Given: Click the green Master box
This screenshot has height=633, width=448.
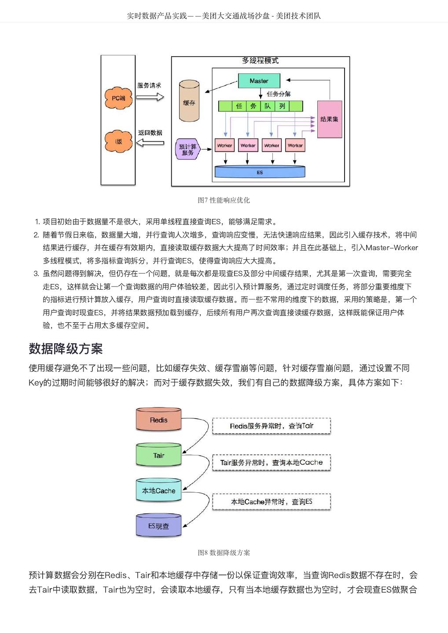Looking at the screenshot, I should point(259,81).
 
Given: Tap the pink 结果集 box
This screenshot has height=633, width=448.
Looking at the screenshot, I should point(329,119).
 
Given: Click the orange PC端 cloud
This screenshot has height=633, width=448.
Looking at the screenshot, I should point(118,98).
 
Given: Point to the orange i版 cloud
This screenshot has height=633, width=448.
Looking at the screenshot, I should point(118,141).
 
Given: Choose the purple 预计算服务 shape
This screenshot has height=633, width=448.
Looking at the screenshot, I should point(188,149).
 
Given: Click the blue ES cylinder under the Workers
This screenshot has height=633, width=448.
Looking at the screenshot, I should point(260,172).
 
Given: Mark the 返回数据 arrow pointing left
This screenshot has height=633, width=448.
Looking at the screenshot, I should point(150,142).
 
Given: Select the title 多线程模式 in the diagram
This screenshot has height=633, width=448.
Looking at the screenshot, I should point(260,61).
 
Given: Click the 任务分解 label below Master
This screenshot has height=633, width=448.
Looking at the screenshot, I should point(279,94).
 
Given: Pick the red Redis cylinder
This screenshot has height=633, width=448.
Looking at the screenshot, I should point(158,420).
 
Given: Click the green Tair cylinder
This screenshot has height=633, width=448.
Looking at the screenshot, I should point(158,455).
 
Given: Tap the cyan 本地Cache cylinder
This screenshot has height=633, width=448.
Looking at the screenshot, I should point(158,491).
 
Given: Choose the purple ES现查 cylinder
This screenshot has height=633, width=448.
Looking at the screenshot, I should point(158,526).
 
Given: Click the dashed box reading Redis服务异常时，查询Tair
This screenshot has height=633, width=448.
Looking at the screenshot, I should point(272,426).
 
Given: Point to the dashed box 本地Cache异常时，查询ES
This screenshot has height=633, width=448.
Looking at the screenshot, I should point(272,502).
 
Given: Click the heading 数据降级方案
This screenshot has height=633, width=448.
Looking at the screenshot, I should point(66,349).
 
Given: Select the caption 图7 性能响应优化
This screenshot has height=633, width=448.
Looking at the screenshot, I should point(224,200).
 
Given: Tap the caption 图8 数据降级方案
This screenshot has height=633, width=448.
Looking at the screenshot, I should point(224,553).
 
